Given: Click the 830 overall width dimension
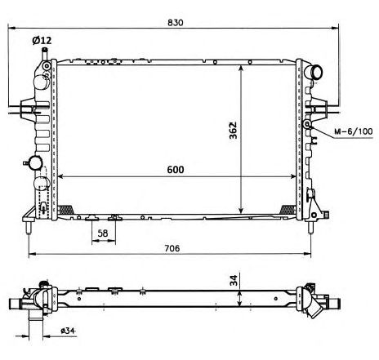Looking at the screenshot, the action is tap(176, 23).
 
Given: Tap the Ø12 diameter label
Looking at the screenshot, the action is tap(42, 41).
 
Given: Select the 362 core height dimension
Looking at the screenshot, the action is tap(233, 131).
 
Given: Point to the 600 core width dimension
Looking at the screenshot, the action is tap(176, 170).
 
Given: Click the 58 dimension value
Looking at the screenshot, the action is tap(103, 233).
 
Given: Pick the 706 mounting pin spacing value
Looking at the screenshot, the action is tap(172, 248).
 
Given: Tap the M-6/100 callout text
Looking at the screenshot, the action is tap(354, 131).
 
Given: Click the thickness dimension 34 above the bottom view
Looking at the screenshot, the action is tap(234, 280).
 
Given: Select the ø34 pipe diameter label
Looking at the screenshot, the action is tap(68, 331).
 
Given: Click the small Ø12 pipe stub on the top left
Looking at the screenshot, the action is tap(44, 54).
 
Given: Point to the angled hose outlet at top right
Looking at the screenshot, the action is tap(314, 72).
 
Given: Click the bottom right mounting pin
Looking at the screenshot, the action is tap(310, 227).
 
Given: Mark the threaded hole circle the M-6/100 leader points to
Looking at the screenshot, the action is tap(307, 125).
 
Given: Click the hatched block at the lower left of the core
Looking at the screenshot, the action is tap(65, 209).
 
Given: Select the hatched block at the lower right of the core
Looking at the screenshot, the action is tap(288, 209).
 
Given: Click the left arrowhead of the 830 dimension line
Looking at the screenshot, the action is tap(11, 28).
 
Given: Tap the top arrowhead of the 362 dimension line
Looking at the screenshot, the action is tap(241, 68).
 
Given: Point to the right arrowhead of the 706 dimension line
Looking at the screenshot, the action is tap(307, 254).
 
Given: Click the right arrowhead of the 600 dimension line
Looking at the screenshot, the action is tap(292, 176).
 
